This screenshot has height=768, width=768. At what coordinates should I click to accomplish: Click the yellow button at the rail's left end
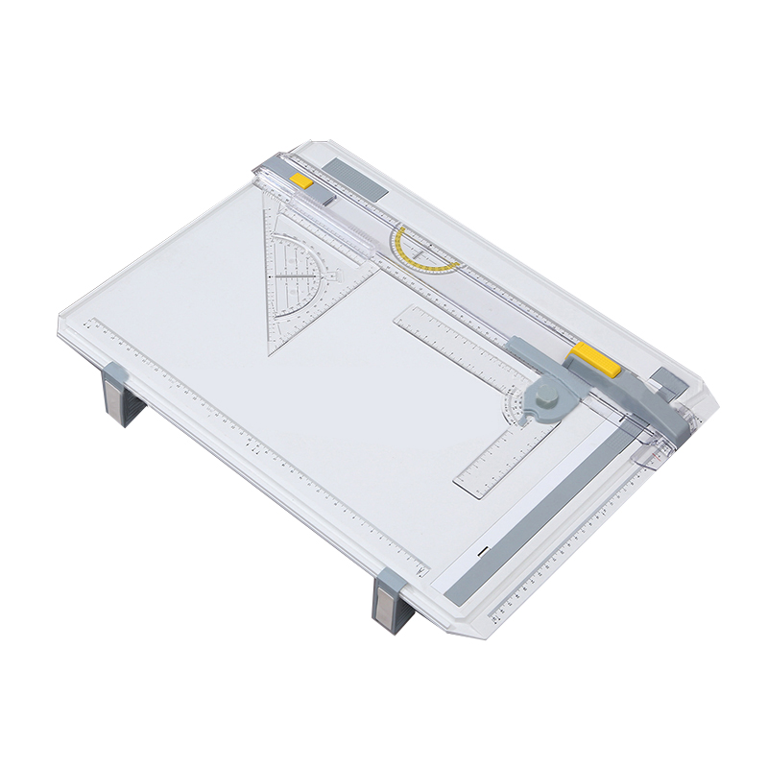click(x=301, y=180)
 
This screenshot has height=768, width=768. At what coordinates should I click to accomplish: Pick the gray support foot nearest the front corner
click(x=390, y=602)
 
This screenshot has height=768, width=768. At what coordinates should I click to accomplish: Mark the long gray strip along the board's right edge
click(x=556, y=509)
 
